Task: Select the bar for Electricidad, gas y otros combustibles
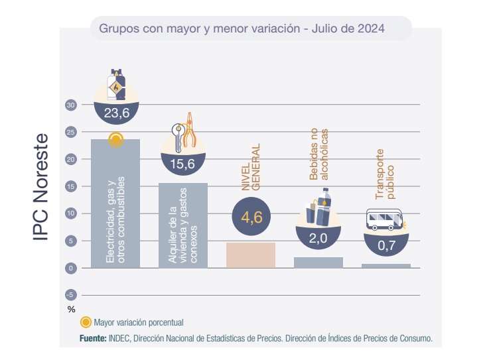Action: coord(115,212)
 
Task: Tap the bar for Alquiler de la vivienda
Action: coord(183,225)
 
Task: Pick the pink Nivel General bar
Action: coord(251,255)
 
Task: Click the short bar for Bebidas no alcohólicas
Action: coord(318,262)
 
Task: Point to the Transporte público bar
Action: coord(386,265)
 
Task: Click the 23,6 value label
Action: coord(116,113)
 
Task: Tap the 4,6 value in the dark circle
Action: coord(251,215)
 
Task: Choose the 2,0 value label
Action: coord(318,239)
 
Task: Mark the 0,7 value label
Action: coord(386,246)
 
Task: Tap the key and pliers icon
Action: coord(184,131)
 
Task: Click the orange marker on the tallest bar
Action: coord(116,139)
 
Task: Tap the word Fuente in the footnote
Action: coord(93,338)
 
